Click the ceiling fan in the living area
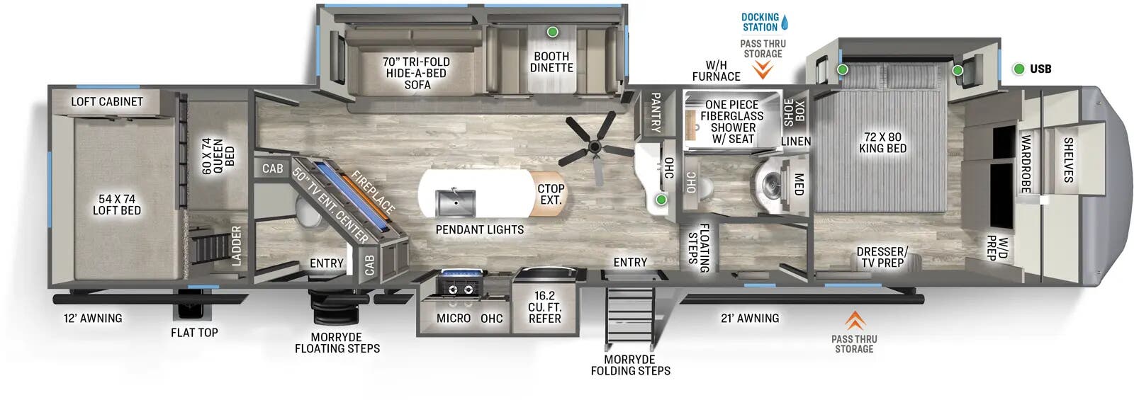pos(594,147)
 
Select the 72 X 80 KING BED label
pos(882,142)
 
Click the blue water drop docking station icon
pos(785,23)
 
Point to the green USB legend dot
pos(1018,69)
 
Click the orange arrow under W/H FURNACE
pos(763,69)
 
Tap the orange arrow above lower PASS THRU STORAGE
pos(855,321)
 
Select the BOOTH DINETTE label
pos(551,62)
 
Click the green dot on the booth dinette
pos(552,32)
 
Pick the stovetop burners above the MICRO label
pos(457,285)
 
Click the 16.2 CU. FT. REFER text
pos(544,307)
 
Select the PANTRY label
pos(656,113)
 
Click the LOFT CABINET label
pos(107,102)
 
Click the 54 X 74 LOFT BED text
pos(117,205)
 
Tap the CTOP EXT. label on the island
pos(551,194)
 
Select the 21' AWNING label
pos(750,319)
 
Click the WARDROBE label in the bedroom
pos(1025,164)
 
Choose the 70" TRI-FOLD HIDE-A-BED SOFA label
pos(417,73)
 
